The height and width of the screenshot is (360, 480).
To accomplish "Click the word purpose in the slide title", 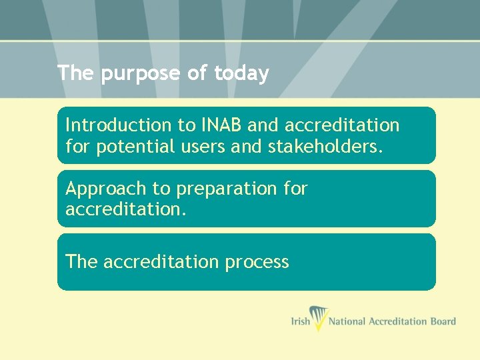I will (140, 74).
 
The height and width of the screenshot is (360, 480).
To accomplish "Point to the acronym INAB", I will (217, 125).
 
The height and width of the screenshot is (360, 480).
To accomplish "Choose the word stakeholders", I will (325, 147).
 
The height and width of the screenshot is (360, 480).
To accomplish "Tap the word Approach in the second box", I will (101, 189).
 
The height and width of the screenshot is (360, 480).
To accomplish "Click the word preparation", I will (226, 189).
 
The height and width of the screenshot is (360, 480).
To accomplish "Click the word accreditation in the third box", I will (161, 262).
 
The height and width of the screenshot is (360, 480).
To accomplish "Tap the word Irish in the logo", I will (300, 321).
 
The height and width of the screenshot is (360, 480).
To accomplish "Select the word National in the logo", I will (348, 321).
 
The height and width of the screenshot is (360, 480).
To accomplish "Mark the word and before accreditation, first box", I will (265, 125).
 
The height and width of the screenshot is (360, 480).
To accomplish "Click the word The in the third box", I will (81, 262).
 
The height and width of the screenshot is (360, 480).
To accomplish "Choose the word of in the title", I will (197, 73).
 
